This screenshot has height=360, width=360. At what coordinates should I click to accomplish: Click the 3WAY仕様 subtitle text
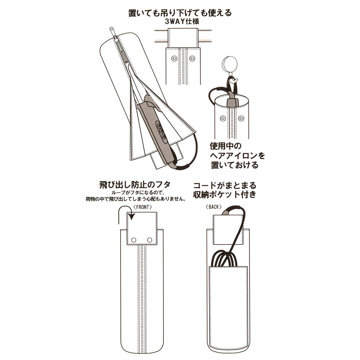(182, 22)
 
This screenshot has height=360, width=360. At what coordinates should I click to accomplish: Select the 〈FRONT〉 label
(142, 207)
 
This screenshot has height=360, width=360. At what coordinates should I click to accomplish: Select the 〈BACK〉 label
(213, 207)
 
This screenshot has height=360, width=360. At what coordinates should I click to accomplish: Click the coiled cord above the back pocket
(224, 258)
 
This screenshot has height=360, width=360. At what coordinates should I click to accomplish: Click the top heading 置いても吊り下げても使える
(180, 13)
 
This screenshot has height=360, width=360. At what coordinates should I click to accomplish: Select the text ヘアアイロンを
(237, 156)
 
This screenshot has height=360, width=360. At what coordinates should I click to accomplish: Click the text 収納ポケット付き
(224, 195)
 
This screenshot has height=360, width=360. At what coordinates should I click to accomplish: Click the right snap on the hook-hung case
(241, 118)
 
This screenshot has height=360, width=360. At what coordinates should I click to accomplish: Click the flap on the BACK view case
(228, 230)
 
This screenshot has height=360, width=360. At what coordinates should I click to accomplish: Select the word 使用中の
(226, 146)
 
